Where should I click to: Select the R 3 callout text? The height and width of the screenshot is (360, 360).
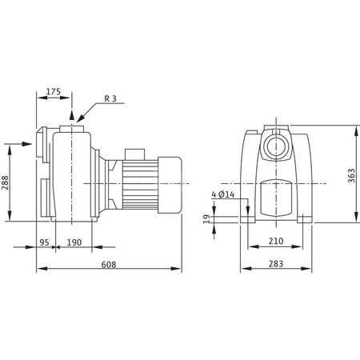(x=113, y=100)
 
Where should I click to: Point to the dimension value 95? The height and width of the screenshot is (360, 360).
(x=46, y=242)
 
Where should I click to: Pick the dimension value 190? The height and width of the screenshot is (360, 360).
(x=74, y=242)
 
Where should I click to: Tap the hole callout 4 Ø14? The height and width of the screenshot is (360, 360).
(x=223, y=194)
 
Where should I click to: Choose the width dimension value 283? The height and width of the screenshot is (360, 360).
(x=275, y=265)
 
